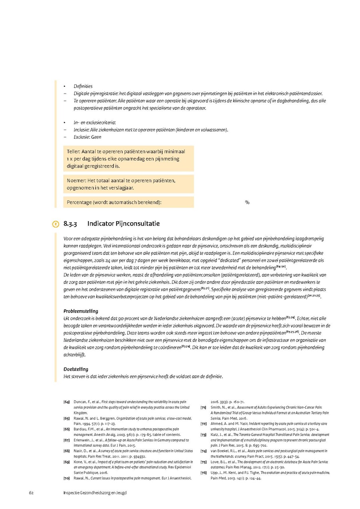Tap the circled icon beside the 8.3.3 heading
(x=56, y=224)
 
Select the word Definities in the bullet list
(x=83, y=86)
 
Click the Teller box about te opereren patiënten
(x=128, y=159)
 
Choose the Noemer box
(x=128, y=184)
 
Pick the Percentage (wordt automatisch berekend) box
(x=128, y=202)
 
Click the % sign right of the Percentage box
(x=247, y=202)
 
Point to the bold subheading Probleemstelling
(x=81, y=311)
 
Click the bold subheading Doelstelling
(x=76, y=369)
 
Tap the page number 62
(x=31, y=493)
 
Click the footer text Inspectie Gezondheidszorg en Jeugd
(x=95, y=493)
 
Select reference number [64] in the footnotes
(x=66, y=402)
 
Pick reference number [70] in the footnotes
(x=66, y=478)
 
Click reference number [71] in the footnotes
(x=203, y=407)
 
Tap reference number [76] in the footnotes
(x=203, y=473)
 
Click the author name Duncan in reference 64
(x=80, y=402)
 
